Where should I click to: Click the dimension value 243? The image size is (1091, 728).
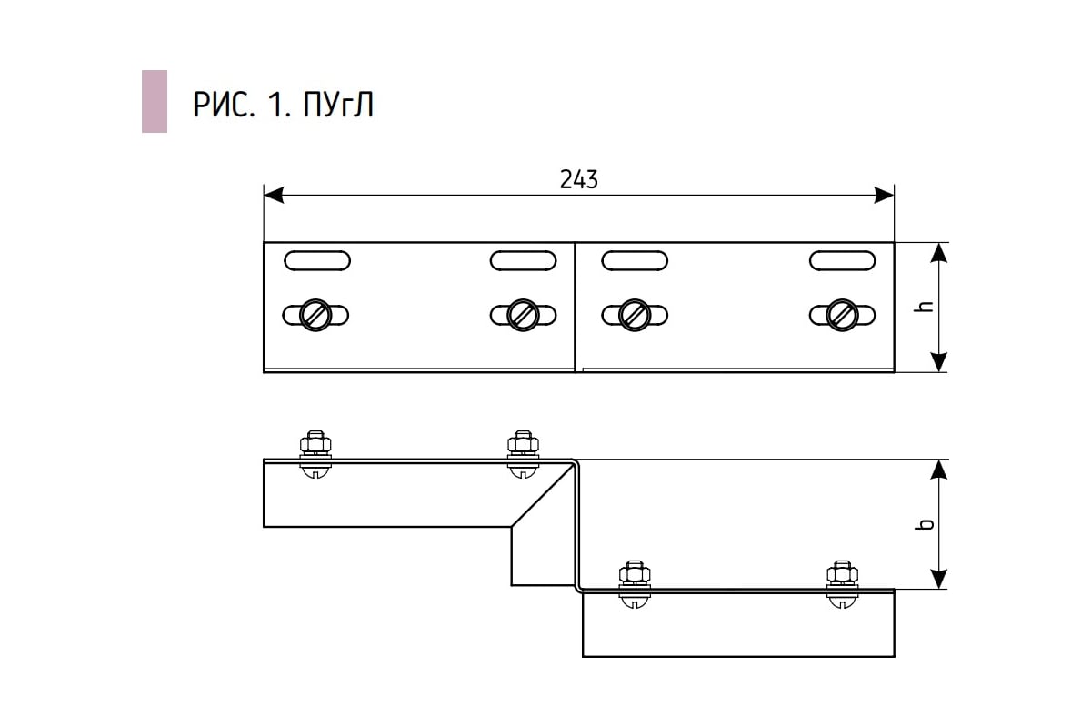[x=578, y=179]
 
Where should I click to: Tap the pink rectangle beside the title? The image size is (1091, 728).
[x=155, y=101]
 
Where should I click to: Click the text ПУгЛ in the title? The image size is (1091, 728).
[x=338, y=105]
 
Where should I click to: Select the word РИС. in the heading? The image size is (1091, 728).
[x=224, y=105]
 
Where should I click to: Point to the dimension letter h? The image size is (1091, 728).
[x=924, y=307]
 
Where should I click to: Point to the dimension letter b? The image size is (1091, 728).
[x=924, y=523]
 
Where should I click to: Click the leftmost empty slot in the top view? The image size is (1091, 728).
[x=317, y=261]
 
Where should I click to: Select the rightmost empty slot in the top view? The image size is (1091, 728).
[x=843, y=261]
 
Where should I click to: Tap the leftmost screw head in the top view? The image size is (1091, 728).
[x=315, y=316]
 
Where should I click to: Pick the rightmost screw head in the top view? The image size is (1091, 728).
[x=843, y=316]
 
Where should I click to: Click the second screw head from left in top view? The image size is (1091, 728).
[x=523, y=316]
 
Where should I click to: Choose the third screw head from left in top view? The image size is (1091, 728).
[x=635, y=316]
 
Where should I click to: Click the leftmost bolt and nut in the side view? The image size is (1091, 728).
[x=315, y=454]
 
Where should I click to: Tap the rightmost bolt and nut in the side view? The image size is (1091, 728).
[x=843, y=584]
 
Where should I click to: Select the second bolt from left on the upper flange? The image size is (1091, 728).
[x=523, y=454]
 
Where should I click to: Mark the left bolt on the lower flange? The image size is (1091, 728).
[x=635, y=584]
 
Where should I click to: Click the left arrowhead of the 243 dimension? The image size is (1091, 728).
[x=274, y=195]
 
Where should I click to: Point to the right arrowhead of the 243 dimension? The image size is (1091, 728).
[x=884, y=195]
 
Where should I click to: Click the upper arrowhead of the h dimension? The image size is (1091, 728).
[x=938, y=253]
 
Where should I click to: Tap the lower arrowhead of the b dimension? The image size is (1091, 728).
[x=938, y=579]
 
